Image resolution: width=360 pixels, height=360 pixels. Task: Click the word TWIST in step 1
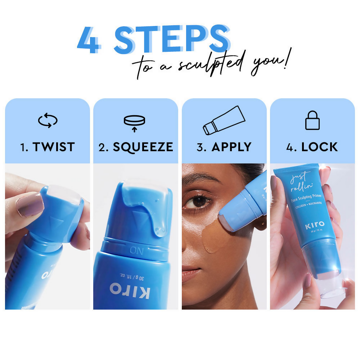54,147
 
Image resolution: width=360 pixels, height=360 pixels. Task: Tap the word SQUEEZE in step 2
143,147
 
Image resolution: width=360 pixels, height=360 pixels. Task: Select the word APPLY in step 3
231,147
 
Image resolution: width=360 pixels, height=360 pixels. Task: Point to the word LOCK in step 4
320,147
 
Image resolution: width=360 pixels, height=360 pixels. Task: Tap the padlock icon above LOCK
312,121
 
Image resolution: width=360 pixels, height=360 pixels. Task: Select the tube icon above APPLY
224,120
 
